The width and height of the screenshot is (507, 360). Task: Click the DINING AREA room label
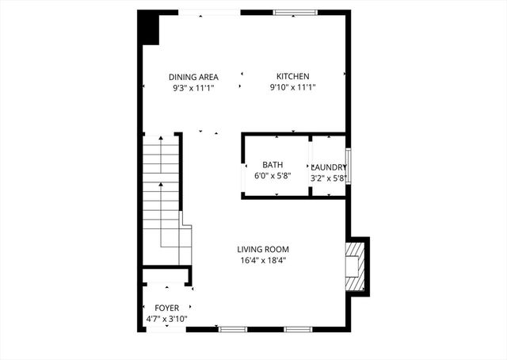pos(193,77)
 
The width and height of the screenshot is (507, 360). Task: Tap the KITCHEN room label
pos(292,77)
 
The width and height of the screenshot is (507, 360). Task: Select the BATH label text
pos(273,165)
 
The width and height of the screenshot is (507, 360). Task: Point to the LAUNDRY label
pos(328,167)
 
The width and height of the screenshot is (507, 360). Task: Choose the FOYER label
pos(166,308)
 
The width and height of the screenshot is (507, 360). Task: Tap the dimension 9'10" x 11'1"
pos(292,88)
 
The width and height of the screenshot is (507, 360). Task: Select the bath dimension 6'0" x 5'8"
pos(273,176)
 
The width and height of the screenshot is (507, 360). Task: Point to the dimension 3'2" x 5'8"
pos(328,178)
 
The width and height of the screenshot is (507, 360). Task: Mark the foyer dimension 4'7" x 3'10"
pos(166,319)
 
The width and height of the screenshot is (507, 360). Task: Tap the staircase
pos(162,190)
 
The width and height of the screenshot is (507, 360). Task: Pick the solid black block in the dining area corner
pos(149,30)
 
